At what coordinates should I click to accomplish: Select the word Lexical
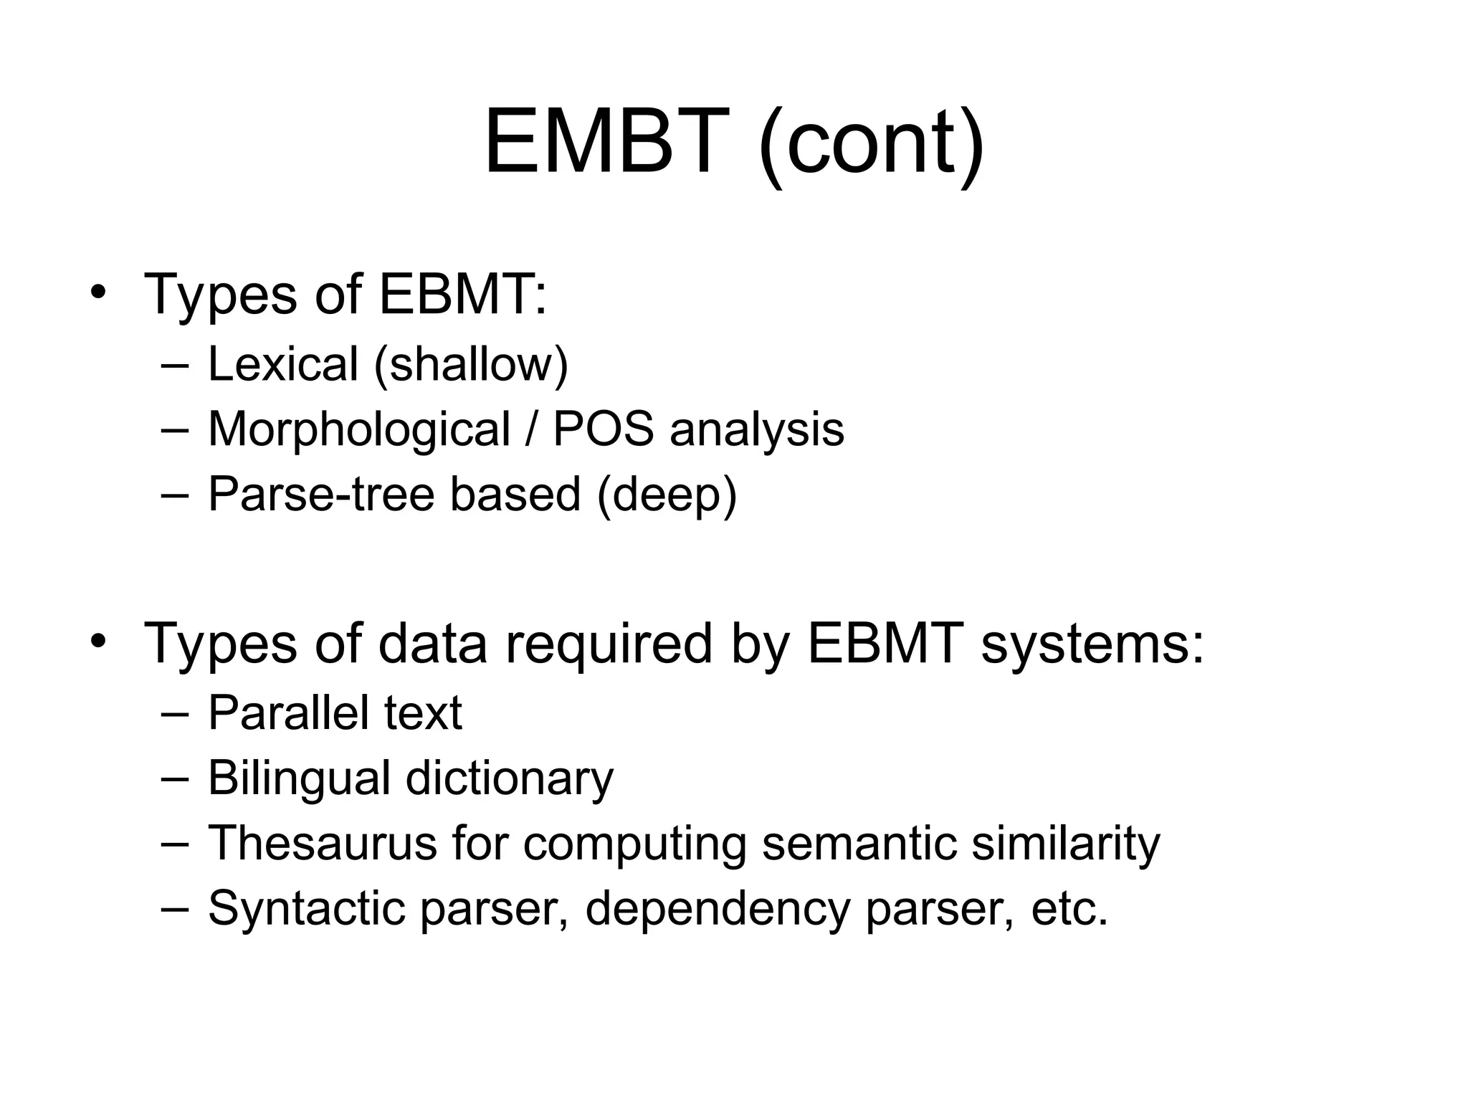coord(282,363)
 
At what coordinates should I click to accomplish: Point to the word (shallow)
coord(471,365)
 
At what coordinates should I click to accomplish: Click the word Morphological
coord(359,429)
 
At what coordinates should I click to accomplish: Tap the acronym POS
coord(603,429)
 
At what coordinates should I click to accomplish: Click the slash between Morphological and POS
coord(531,429)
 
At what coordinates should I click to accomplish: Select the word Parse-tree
coord(320,495)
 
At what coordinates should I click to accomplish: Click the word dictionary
coord(510,779)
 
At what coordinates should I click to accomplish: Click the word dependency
coord(717,909)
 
